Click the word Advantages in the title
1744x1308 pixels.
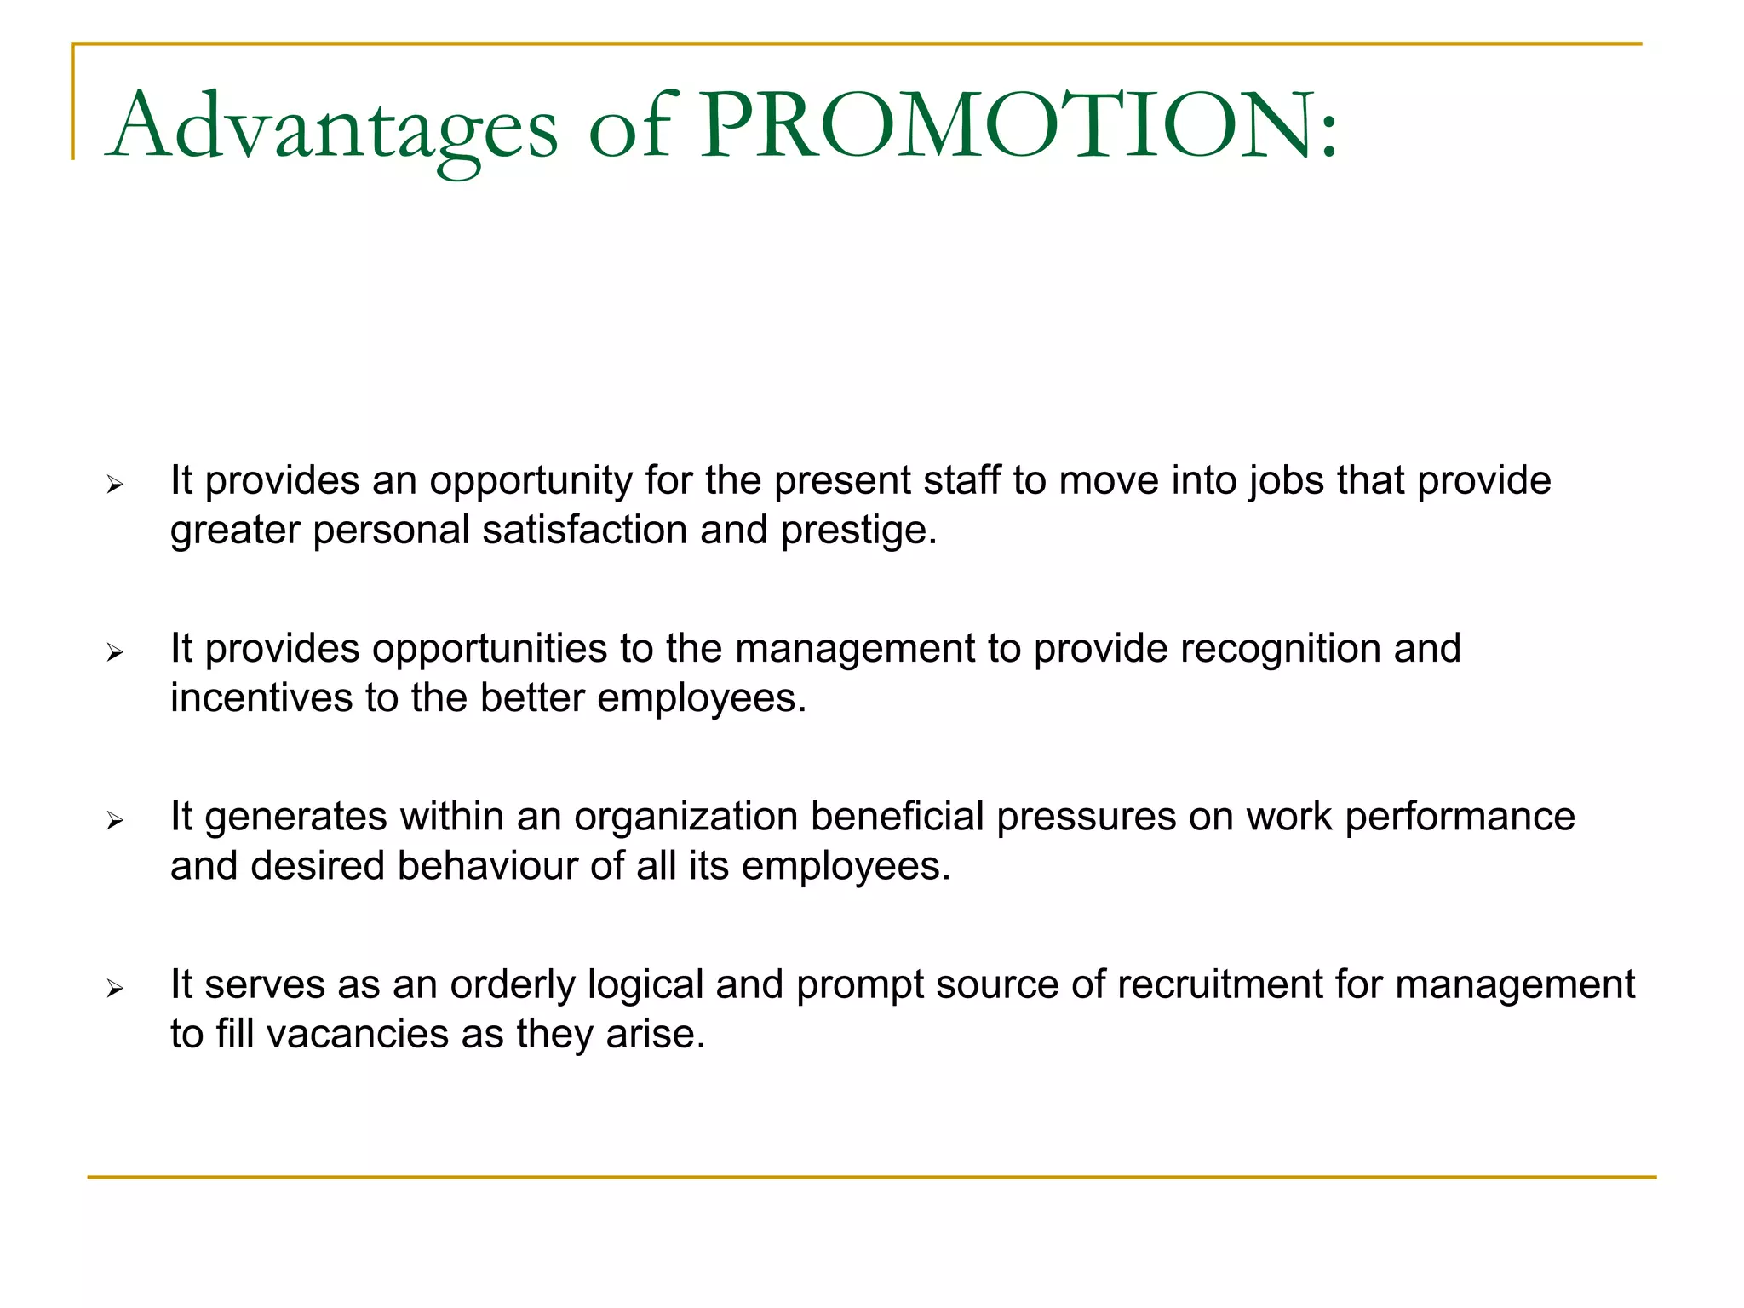[332, 128]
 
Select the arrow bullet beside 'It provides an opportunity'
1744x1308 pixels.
[115, 485]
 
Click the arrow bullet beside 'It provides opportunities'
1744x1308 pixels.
[115, 653]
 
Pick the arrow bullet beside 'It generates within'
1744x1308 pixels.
[115, 821]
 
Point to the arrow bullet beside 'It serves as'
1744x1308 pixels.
[115, 989]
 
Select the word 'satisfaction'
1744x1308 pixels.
[585, 530]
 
